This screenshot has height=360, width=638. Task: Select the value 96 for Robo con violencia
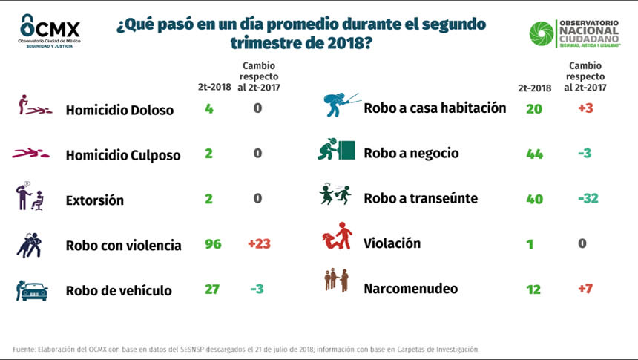click(x=213, y=244)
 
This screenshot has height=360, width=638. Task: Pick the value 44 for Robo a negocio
click(x=534, y=154)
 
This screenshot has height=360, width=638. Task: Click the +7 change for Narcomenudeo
click(x=585, y=288)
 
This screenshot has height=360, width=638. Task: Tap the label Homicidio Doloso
click(x=119, y=110)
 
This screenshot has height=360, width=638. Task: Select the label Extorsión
click(x=95, y=200)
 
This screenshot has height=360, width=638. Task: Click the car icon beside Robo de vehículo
click(x=31, y=290)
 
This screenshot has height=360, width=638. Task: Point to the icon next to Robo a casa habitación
click(x=340, y=105)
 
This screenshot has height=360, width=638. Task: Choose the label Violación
click(x=392, y=243)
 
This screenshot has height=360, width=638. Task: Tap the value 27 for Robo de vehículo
click(x=212, y=289)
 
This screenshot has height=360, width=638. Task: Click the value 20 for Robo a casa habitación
click(x=534, y=109)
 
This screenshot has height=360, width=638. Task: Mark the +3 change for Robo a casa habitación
click(x=585, y=108)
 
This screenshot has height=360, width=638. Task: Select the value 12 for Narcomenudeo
click(x=533, y=289)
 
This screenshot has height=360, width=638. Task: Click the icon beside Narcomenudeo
click(x=336, y=281)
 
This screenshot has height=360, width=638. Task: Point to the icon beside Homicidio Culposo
click(x=31, y=154)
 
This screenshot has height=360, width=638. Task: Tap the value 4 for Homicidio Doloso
click(x=209, y=109)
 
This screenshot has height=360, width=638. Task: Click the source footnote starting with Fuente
click(x=246, y=349)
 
